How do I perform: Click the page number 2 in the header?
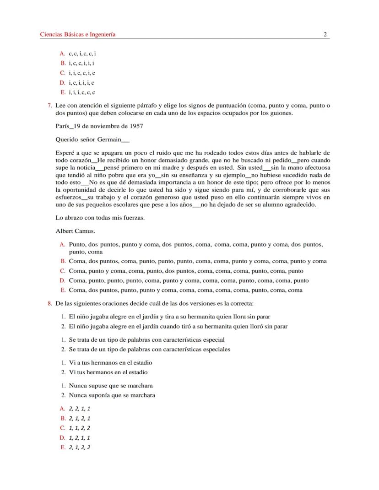325,34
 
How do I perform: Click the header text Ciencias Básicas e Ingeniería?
78,34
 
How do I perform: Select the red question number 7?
50,105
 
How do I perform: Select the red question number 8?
50,303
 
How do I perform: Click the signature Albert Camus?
75,231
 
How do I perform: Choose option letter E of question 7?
63,290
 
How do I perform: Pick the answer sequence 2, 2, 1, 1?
80,409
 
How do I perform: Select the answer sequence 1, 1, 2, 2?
80,428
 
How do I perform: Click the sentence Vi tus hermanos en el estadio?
108,372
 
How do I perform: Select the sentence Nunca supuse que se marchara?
111,385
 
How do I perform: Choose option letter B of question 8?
63,418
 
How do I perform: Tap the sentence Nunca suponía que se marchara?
112,395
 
